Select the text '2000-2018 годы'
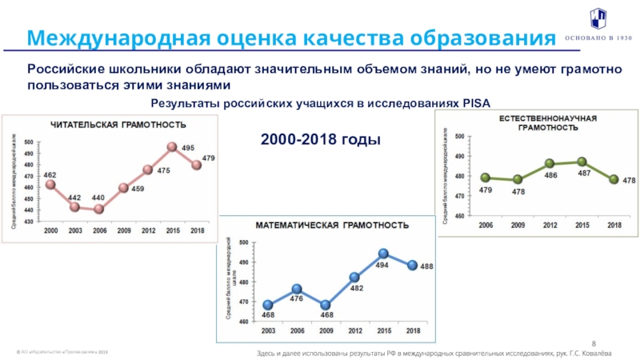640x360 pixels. coord(320,139)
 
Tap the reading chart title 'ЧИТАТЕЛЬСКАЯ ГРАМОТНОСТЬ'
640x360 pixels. coord(119,125)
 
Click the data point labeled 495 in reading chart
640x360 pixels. coord(172,147)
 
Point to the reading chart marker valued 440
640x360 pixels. coord(99,209)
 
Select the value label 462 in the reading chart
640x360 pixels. coord(50,174)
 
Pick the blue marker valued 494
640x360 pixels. coord(383,254)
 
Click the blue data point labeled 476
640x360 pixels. coord(297,289)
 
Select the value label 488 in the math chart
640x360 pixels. coord(426,266)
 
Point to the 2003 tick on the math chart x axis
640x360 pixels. coord(268,330)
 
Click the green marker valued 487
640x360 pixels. coord(582,162)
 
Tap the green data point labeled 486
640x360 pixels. coord(550,164)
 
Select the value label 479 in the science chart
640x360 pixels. coord(486,190)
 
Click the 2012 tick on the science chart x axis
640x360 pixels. coord(550,226)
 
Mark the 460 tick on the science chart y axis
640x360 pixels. coord(459,216)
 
